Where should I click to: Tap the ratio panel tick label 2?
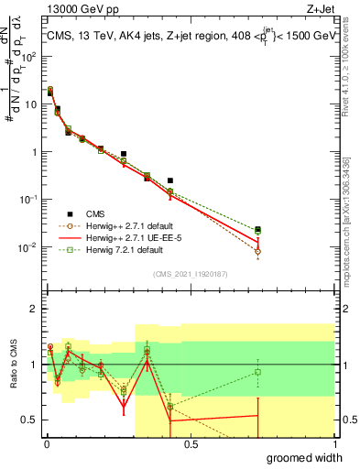tap(34, 310)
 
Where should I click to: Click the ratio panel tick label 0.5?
tap(30, 420)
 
